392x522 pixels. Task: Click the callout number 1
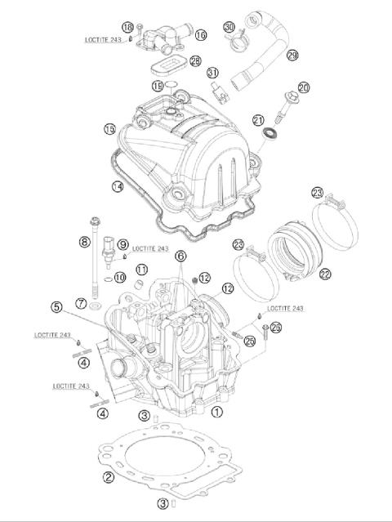(216, 412)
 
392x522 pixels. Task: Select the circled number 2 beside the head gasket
(107, 476)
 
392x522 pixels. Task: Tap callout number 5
(56, 308)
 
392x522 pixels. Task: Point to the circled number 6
(180, 256)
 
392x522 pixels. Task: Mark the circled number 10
(120, 278)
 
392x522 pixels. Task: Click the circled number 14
(118, 187)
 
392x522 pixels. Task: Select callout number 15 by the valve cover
(131, 129)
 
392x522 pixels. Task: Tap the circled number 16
(201, 35)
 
